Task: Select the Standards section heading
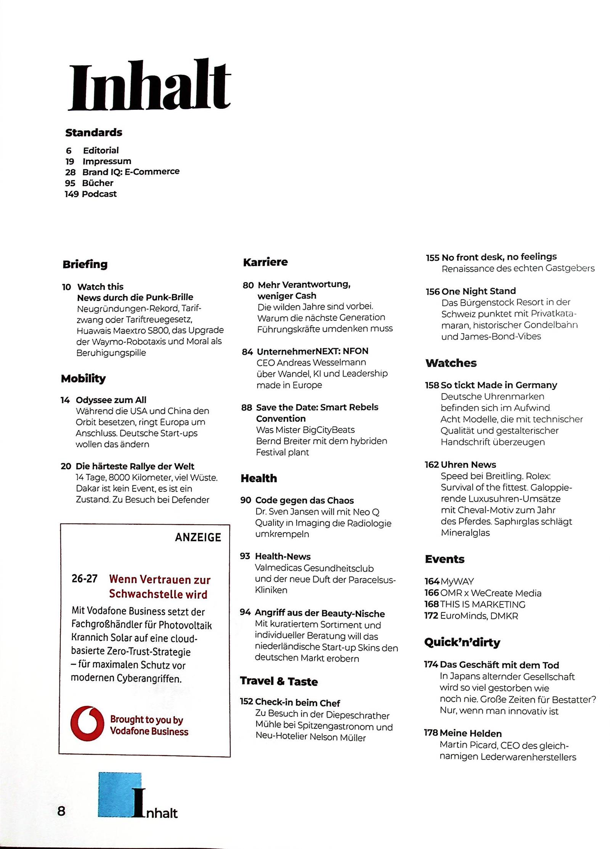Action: click(94, 132)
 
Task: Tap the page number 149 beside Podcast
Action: click(72, 194)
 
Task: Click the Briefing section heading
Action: click(85, 264)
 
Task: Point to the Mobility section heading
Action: click(83, 378)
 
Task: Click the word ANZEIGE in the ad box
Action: click(198, 537)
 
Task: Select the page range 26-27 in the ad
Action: click(85, 579)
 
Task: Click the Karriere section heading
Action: click(265, 262)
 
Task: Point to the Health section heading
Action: click(259, 478)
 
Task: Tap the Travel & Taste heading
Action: click(279, 681)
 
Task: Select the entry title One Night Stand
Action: click(478, 291)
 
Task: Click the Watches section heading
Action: click(451, 363)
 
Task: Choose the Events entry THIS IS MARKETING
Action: click(483, 604)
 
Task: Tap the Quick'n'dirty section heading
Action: click(462, 642)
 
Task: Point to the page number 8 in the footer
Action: click(61, 810)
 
